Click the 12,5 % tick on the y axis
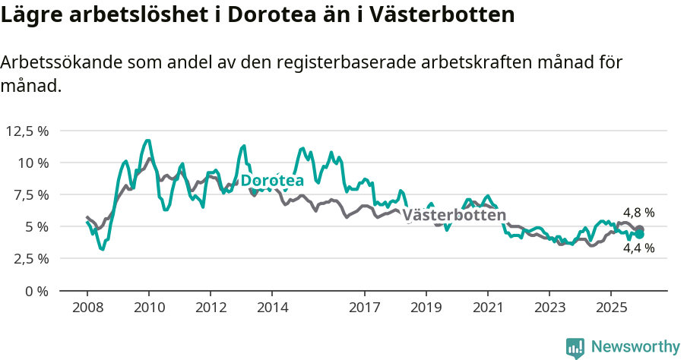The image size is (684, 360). (27, 131)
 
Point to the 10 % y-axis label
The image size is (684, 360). (32, 163)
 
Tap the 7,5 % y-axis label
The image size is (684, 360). (30, 194)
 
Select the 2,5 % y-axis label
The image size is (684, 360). (30, 258)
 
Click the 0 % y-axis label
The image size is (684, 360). (36, 291)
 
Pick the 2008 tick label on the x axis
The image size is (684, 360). (87, 308)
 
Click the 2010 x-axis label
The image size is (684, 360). (149, 308)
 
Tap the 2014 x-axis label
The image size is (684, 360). (272, 308)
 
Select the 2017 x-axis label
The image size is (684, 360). (364, 308)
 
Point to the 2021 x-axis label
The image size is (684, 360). (487, 308)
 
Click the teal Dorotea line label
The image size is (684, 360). (272, 180)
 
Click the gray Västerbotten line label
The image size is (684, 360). (454, 215)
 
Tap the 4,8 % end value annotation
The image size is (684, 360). (638, 213)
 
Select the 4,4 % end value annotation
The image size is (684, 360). (638, 248)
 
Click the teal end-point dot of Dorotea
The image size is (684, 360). (640, 235)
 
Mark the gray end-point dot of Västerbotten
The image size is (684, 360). (640, 229)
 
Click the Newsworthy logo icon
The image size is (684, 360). (575, 348)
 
